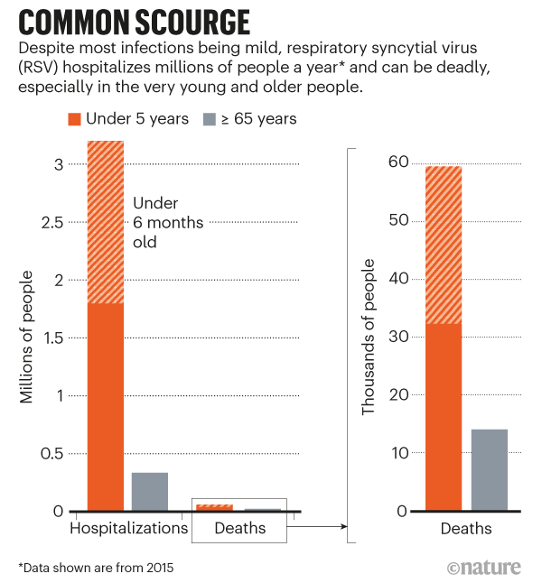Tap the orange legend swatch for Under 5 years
pos(76,118)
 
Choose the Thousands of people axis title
pos(369,338)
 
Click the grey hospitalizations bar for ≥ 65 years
pos(149,491)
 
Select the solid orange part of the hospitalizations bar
pos(106,406)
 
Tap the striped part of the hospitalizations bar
pos(106,221)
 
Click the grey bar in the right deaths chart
pos(489,469)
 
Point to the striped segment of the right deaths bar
pos(444,244)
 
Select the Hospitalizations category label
pos(128,529)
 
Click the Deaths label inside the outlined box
pos(239,529)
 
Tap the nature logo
pos(486,568)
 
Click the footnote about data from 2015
pos(95,568)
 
